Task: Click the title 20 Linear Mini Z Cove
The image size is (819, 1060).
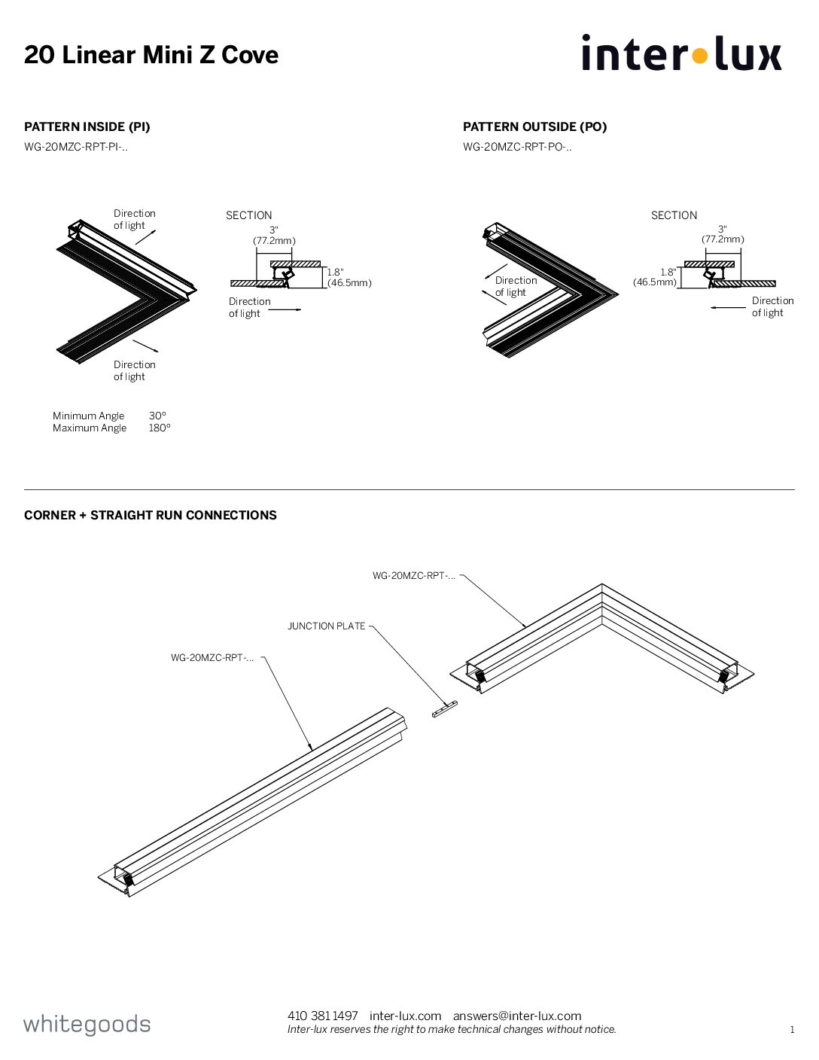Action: [151, 55]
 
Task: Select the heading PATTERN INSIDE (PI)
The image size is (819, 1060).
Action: [87, 126]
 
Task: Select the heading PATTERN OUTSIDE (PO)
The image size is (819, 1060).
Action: [534, 126]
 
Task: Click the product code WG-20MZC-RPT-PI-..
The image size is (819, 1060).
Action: [75, 147]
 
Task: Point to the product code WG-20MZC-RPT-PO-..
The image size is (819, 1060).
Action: [516, 147]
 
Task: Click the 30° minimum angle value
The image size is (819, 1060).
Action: [157, 416]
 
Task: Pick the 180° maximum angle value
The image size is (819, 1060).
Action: [160, 428]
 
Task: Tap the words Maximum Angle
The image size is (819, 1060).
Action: [90, 428]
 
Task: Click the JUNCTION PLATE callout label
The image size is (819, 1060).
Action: [327, 626]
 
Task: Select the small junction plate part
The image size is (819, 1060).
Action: [445, 708]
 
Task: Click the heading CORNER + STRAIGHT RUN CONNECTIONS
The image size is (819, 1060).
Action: [151, 515]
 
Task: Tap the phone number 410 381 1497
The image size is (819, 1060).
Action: [322, 1016]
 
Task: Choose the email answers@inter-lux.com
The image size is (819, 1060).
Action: [517, 1016]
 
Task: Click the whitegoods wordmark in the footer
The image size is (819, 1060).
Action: [87, 1024]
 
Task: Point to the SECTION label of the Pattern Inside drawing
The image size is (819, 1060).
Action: [248, 215]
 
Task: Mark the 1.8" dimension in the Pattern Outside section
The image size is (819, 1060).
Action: [668, 273]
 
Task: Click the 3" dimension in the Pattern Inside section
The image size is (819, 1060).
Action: [274, 230]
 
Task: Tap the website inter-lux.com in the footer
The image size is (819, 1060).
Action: [405, 1016]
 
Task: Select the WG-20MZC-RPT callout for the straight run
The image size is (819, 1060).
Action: [212, 657]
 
